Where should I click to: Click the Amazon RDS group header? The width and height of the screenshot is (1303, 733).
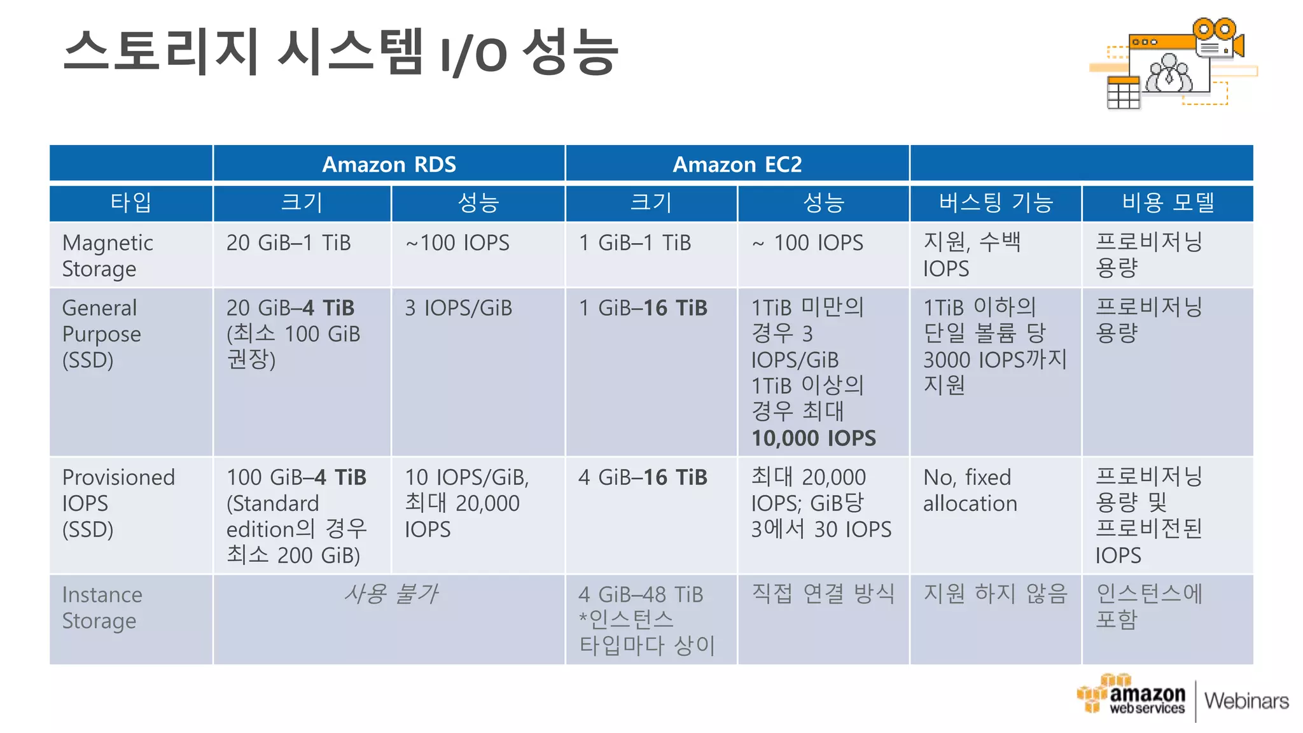tap(389, 164)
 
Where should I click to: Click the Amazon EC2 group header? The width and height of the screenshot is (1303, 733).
tap(737, 164)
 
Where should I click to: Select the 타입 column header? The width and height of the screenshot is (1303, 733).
tap(130, 202)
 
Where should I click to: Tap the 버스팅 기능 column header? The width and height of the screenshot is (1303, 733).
tap(996, 202)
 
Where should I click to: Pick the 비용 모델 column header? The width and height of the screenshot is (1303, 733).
tap(1167, 202)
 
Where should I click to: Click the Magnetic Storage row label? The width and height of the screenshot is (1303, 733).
tap(108, 255)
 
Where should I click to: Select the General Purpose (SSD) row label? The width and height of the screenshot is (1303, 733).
tap(101, 333)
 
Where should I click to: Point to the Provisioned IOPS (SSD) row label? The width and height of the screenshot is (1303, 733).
tap(118, 503)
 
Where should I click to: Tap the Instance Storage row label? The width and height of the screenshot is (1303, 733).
tap(102, 607)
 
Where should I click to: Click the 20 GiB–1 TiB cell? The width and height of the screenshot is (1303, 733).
tap(288, 242)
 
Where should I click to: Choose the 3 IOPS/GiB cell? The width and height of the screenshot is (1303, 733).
tap(458, 308)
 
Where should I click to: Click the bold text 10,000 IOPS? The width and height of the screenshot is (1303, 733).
tap(813, 438)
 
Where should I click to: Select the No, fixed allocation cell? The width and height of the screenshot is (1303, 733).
tap(970, 490)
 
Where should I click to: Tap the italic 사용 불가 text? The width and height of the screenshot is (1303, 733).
tap(390, 594)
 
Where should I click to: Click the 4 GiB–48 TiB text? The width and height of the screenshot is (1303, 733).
tap(640, 594)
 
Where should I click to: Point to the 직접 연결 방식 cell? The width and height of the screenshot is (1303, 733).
tap(823, 594)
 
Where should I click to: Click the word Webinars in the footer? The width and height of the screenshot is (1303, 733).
tap(1246, 701)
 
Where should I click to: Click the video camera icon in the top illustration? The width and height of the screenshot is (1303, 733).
tap(1219, 39)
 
